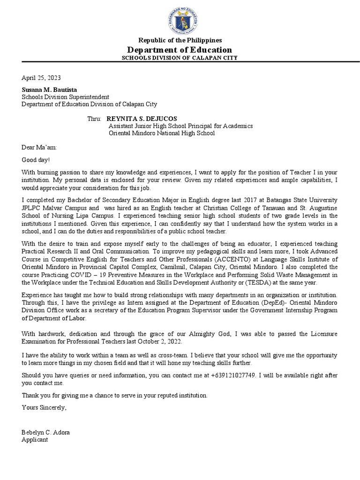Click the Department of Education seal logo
click(180, 18)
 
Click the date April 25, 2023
click(41, 78)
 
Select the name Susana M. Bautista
click(49, 90)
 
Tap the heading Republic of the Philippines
click(180, 40)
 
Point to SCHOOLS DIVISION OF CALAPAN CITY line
click(180, 58)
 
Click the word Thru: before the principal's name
click(95, 119)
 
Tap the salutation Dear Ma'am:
click(39, 147)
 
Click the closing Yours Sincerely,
click(45, 407)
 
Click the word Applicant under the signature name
click(35, 440)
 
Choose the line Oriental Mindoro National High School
click(162, 133)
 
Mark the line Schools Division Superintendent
click(65, 97)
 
